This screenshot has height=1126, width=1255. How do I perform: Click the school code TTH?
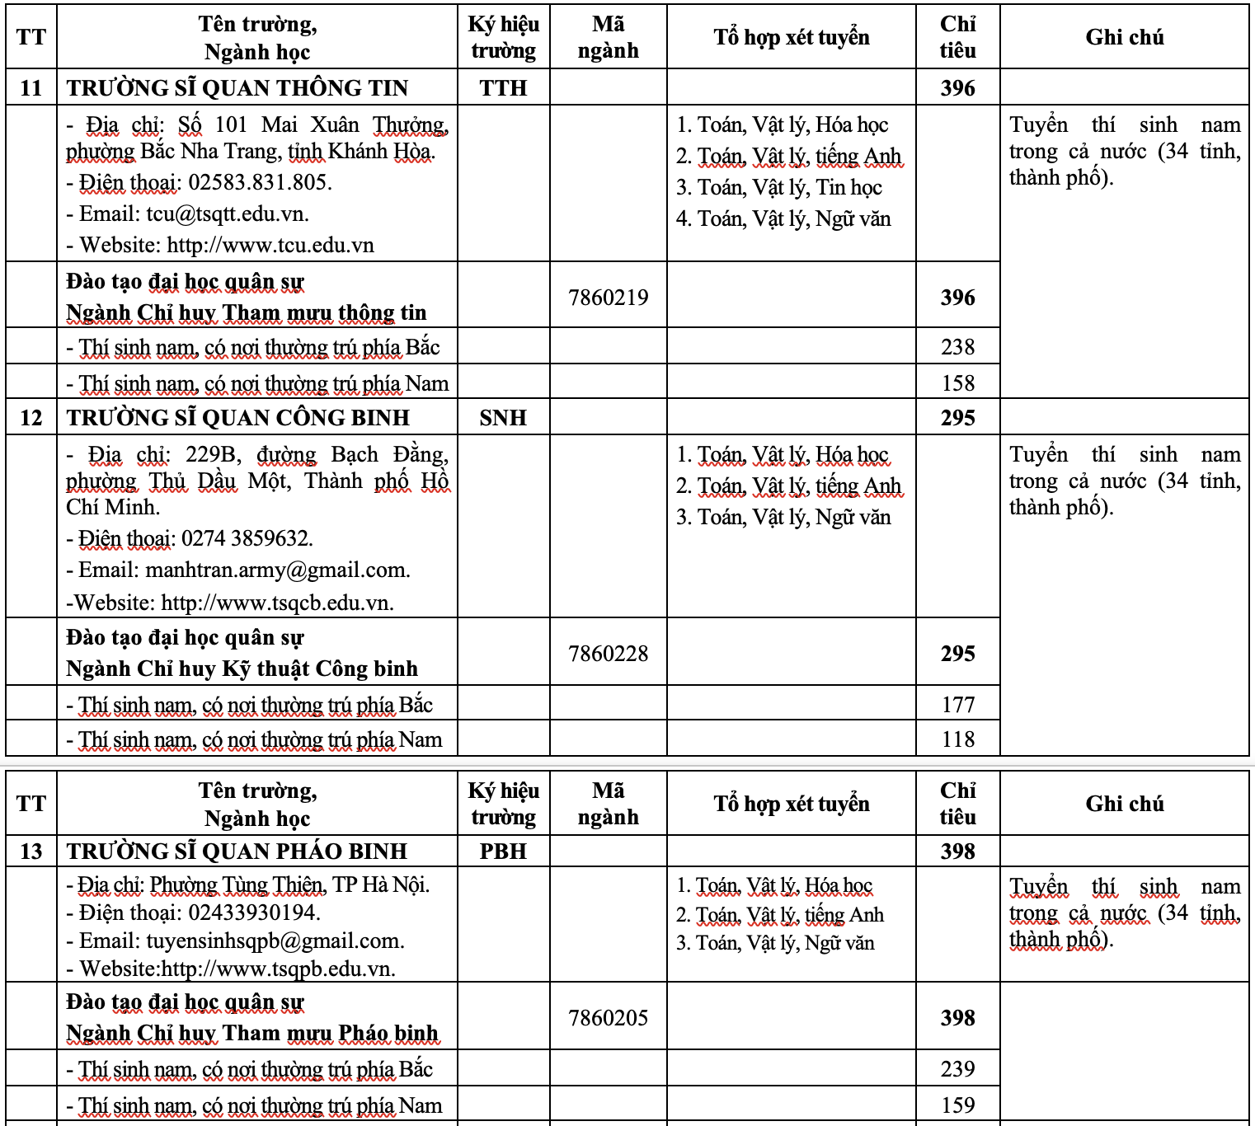503,88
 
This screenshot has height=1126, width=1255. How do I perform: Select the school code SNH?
503,418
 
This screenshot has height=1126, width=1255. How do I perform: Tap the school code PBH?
503,852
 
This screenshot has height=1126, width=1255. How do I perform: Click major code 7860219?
609,298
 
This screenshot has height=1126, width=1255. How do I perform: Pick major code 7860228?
609,654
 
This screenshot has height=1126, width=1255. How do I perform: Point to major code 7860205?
609,1018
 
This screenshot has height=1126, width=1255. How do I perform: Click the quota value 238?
957,347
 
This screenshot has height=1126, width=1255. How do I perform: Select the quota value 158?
957,383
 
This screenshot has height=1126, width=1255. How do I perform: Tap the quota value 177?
957,705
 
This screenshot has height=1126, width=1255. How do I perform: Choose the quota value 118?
957,739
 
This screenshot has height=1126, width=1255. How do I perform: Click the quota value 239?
957,1069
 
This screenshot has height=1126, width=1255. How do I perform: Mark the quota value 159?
957,1105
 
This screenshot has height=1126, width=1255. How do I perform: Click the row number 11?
31,88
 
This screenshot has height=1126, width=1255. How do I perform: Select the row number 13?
31,852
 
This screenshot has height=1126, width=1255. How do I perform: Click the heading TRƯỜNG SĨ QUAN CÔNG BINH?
238,418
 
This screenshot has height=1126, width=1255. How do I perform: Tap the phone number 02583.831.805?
260,182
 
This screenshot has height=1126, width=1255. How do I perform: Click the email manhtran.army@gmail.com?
277,570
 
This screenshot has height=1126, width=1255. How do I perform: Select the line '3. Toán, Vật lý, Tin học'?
779,188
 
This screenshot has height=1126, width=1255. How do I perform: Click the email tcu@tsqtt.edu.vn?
227,214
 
